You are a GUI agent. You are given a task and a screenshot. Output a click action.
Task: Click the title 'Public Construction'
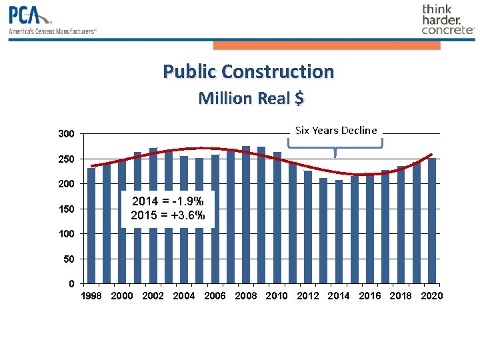pyautogui.click(x=248, y=71)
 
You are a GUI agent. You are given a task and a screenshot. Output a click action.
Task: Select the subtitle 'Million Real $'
pyautogui.click(x=251, y=98)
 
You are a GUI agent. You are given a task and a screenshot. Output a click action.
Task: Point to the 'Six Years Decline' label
pyautogui.click(x=336, y=130)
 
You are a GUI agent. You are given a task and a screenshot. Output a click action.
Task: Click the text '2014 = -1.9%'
pyautogui.click(x=167, y=201)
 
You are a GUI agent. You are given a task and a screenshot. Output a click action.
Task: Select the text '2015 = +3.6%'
pyautogui.click(x=167, y=215)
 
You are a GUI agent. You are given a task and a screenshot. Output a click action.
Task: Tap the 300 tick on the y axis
pyautogui.click(x=66, y=134)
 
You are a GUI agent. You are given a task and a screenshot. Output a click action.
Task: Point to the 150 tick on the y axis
pyautogui.click(x=66, y=209)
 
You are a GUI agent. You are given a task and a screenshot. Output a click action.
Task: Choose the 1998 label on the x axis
pyautogui.click(x=91, y=296)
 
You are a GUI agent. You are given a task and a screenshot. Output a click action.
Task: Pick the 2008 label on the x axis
pyautogui.click(x=246, y=296)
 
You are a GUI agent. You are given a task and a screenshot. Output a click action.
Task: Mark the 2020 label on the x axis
pyautogui.click(x=432, y=296)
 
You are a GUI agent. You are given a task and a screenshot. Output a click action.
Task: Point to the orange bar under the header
pyautogui.click(x=327, y=45)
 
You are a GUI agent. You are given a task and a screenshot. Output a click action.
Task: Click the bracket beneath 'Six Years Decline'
pyautogui.click(x=335, y=147)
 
